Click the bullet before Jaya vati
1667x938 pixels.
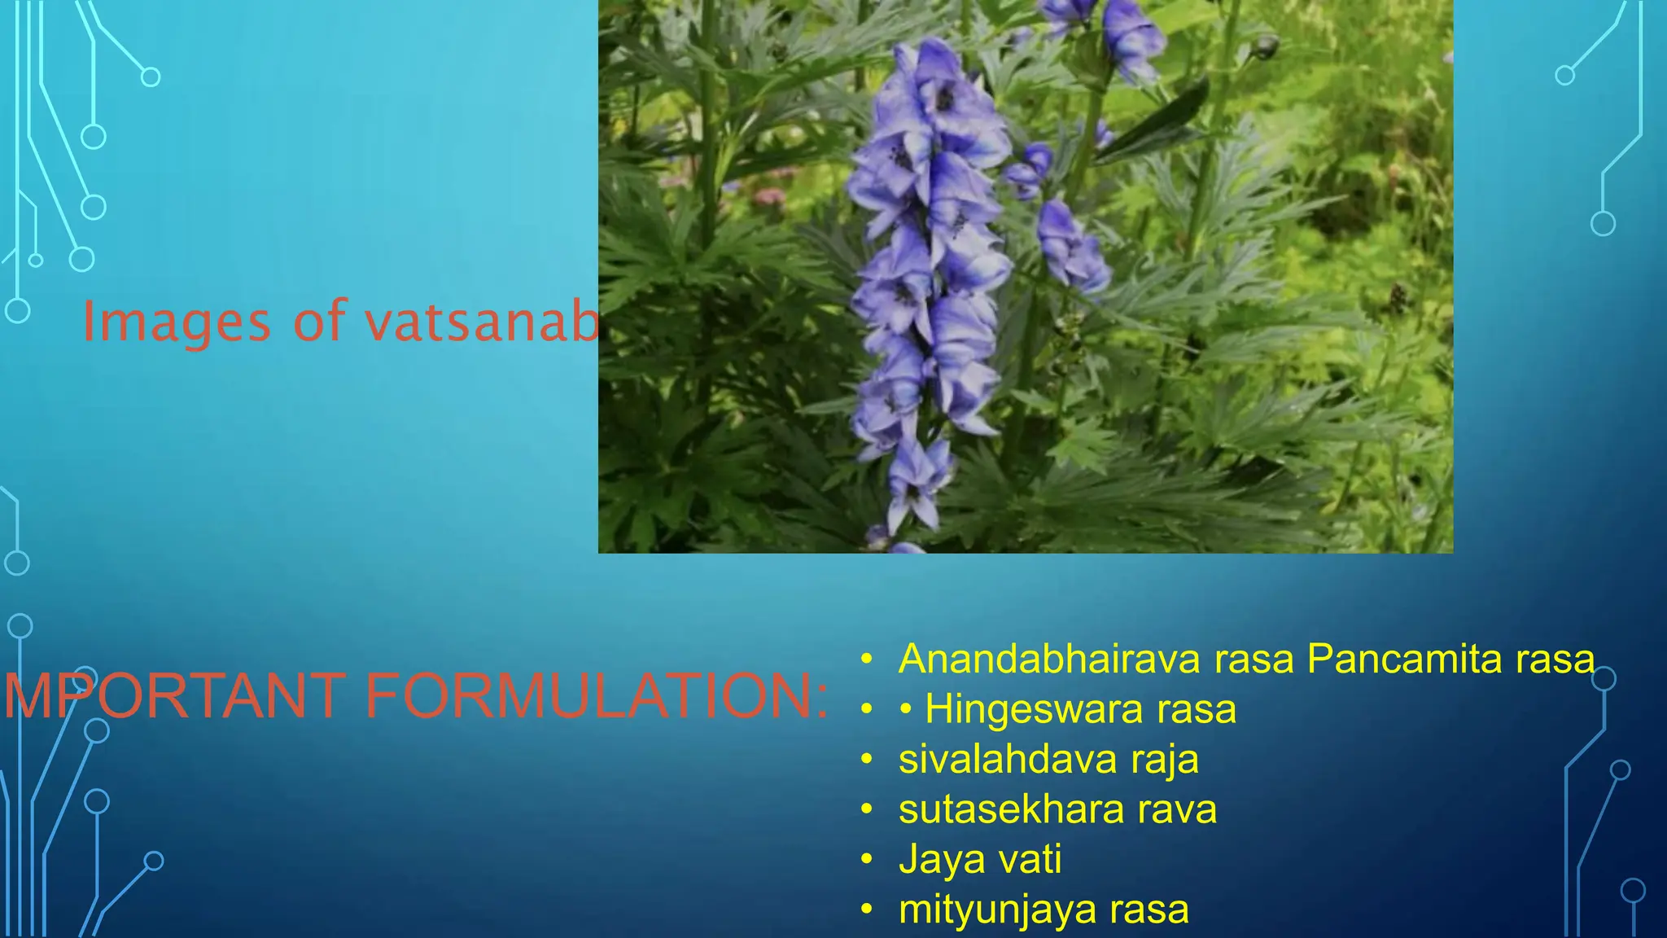pyautogui.click(x=867, y=859)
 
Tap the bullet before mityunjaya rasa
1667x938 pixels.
pyautogui.click(x=867, y=909)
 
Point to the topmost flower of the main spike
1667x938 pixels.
pyautogui.click(x=936, y=81)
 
